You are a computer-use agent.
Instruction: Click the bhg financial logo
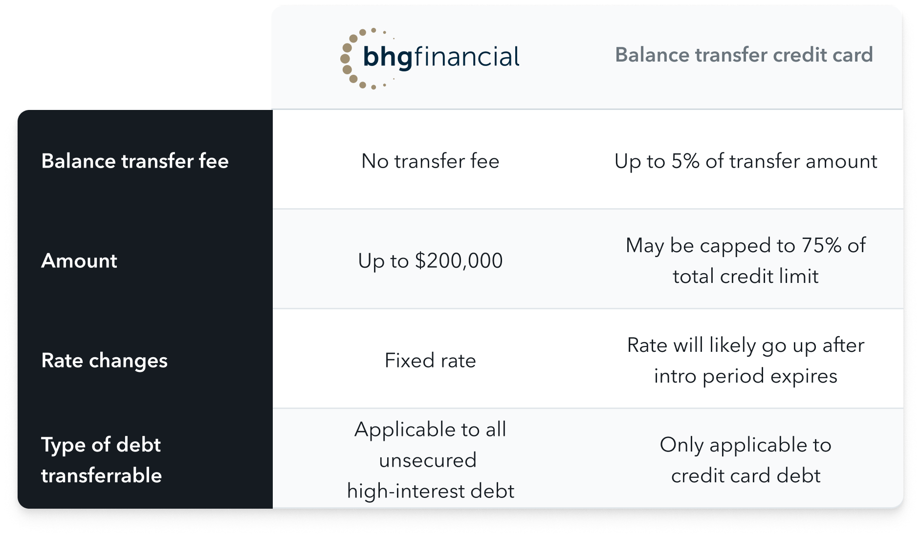pos(430,58)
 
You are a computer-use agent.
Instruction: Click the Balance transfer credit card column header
pos(744,55)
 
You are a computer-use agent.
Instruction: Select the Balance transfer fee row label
pos(135,161)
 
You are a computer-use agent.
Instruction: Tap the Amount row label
pos(79,260)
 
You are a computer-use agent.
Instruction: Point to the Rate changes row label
pos(105,361)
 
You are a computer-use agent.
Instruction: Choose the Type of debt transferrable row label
pos(102,460)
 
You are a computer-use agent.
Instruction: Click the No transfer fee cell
pos(430,161)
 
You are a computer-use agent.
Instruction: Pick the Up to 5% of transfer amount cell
pos(746,161)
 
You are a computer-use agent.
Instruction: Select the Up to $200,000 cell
pos(430,260)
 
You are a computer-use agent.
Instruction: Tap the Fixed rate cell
pos(430,361)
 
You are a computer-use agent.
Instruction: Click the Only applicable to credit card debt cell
pos(746,460)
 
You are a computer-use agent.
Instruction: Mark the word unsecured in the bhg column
pos(428,460)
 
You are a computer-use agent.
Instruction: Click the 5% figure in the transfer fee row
pos(685,161)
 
